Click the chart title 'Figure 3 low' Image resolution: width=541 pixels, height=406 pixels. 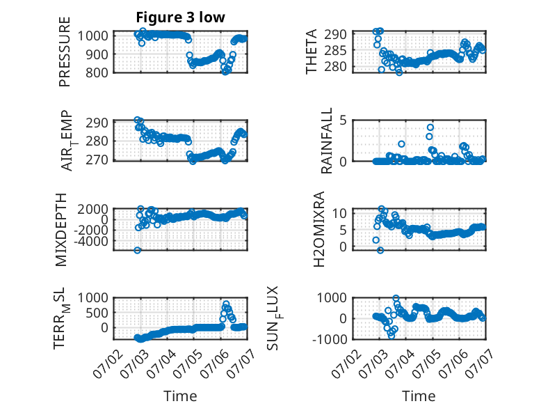pos(180,17)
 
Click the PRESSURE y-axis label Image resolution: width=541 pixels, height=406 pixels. pos(65,52)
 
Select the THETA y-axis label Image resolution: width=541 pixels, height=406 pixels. pos(312,52)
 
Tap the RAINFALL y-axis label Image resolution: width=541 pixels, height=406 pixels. pos(326,140)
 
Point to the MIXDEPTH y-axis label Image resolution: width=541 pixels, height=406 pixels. pos(60,229)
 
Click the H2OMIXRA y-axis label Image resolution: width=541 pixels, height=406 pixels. pos(319,228)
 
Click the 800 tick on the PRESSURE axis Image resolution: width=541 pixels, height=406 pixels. pos(97,72)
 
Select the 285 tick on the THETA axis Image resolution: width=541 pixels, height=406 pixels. pos(335,50)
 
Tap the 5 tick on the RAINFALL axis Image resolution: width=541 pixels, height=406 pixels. pos(343,120)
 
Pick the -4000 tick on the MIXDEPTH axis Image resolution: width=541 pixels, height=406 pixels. pos(91,240)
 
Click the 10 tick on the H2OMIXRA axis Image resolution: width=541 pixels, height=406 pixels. pos(339,213)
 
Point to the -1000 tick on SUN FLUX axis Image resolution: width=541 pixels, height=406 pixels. pos(330,339)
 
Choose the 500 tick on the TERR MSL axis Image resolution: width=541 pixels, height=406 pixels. pos(97,313)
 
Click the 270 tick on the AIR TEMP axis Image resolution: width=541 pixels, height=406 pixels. pos(97,160)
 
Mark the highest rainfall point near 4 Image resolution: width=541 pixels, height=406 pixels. pos(430,127)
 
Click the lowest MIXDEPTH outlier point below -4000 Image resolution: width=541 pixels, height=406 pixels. pos(137,250)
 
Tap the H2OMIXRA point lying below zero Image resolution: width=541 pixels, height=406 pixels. pos(380,250)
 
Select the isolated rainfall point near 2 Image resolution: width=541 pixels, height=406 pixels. pos(401,144)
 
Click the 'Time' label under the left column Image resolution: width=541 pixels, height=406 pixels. pos(180,396)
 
